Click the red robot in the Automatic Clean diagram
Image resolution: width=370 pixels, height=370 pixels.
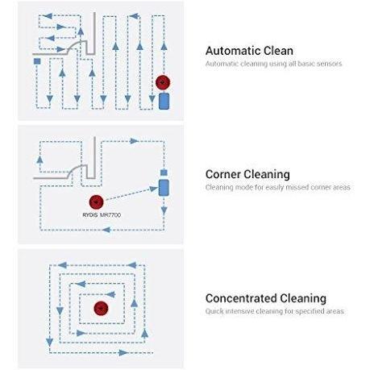coord(163,82)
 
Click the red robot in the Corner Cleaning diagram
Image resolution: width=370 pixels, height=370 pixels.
coord(96,202)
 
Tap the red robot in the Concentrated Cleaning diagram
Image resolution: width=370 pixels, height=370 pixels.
coord(101,308)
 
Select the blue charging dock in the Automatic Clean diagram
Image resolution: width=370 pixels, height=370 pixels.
coord(164,101)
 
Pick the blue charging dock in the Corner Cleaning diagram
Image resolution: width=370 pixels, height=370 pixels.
coord(164,188)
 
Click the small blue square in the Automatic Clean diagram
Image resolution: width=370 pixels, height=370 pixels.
coord(37,61)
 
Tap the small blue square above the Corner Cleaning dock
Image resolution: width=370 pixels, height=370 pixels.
coord(164,173)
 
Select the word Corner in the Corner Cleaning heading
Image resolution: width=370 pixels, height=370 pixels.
coord(224,174)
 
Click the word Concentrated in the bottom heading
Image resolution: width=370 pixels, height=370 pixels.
coord(241,298)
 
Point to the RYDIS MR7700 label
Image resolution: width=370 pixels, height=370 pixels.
coord(102,215)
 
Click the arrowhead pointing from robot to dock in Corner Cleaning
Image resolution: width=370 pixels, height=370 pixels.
coord(154,189)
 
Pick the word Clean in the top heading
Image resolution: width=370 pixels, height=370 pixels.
coord(278,51)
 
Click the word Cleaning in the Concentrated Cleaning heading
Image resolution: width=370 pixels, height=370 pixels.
coord(303,298)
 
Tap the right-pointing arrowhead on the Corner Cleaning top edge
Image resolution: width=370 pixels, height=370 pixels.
coord(134,141)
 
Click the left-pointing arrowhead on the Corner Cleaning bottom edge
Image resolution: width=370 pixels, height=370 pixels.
coord(106,230)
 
